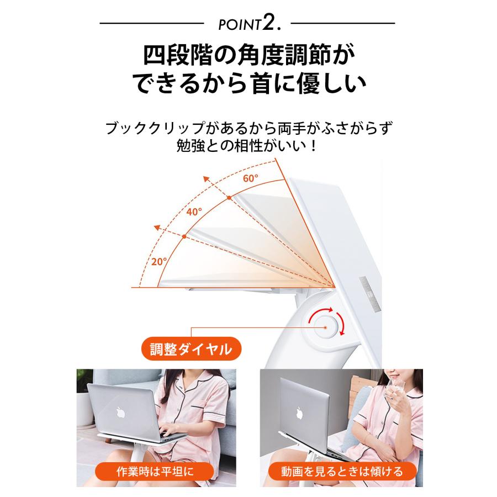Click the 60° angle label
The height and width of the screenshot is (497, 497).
point(251,178)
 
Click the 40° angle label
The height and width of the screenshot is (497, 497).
point(194,211)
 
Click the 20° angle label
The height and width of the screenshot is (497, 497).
point(160,261)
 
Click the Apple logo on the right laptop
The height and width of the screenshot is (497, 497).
point(298,413)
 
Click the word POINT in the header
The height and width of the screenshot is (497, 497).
point(239,25)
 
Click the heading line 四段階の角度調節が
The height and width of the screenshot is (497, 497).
point(248,56)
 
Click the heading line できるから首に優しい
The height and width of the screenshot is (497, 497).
point(248,86)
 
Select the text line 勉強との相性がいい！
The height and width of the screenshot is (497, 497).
point(248,147)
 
